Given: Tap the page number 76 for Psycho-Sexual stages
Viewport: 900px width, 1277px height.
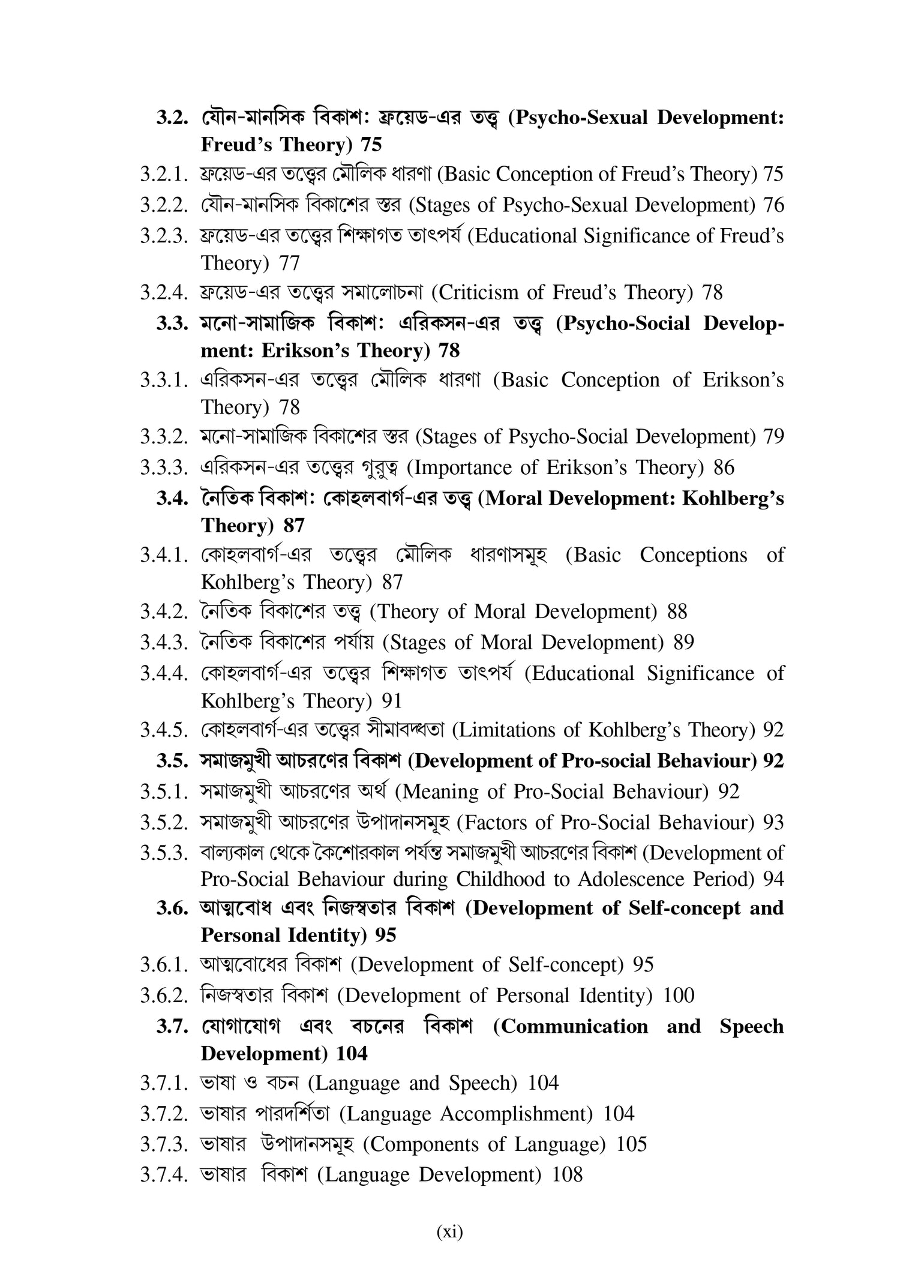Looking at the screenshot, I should click(773, 205).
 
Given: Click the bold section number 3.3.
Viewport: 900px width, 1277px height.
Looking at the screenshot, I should click(173, 323).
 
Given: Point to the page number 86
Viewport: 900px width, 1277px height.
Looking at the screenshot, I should click(724, 467).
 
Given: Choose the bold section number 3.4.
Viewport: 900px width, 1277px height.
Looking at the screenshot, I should click(173, 499).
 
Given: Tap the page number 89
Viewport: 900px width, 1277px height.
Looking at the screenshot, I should click(683, 643).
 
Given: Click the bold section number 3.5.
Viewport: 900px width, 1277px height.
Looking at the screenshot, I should click(173, 761).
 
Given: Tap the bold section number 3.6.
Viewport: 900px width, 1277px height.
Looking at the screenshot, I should click(173, 908).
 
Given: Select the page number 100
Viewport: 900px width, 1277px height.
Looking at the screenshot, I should click(679, 996).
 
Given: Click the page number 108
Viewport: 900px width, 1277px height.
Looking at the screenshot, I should click(567, 1176).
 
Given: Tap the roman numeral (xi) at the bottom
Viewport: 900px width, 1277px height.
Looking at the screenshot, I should click(449, 1233).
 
